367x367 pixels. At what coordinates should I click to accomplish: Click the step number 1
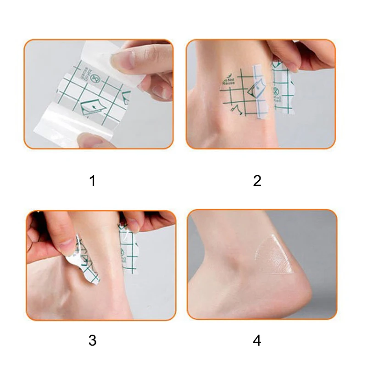click(x=93, y=181)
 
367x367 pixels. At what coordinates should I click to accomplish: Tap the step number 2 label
click(x=257, y=181)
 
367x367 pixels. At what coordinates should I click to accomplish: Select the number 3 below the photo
click(x=93, y=340)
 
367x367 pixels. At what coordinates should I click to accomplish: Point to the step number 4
click(x=257, y=340)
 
